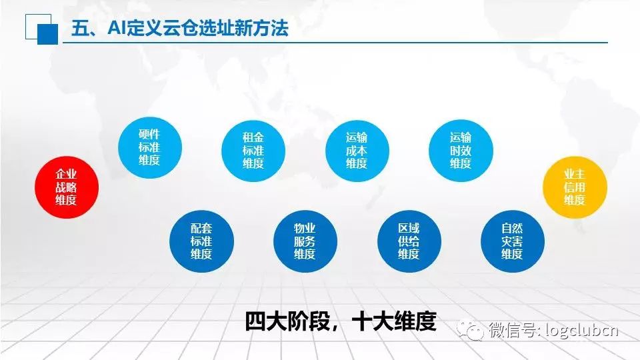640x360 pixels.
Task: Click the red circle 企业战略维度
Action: [67, 187]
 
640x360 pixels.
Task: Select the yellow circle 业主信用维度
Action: [575, 187]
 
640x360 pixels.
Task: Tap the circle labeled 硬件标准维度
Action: [150, 147]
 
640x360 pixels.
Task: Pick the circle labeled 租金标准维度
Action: [253, 151]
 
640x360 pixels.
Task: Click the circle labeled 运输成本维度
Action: [357, 151]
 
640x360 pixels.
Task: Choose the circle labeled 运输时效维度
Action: [461, 151]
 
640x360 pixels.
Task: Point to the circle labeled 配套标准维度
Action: [201, 241]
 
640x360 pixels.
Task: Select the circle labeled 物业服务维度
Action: [305, 241]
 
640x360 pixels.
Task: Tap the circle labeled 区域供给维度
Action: [409, 241]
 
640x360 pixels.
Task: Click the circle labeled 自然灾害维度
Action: [513, 241]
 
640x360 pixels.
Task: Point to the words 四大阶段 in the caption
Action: [287, 321]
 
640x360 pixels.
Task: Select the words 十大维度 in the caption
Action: [394, 321]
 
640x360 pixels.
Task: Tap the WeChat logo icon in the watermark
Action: [471, 328]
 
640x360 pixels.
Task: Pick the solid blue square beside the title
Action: [48, 34]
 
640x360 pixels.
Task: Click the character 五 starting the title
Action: [81, 28]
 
